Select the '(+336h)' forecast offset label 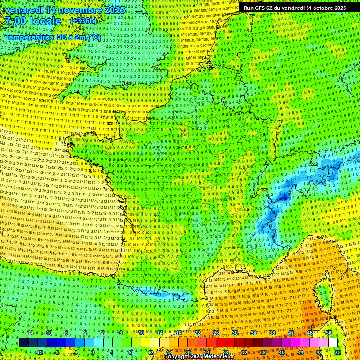point(83,21)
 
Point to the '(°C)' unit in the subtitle point(94,37)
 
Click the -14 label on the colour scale point(29,333)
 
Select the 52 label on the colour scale point(337,352)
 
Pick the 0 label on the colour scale point(93,352)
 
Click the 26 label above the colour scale point(216,333)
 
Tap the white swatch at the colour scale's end point(333,343)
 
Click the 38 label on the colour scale point(272,333)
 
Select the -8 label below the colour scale point(56,352)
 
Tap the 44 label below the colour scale point(300,352)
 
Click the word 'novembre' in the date point(76,10)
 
